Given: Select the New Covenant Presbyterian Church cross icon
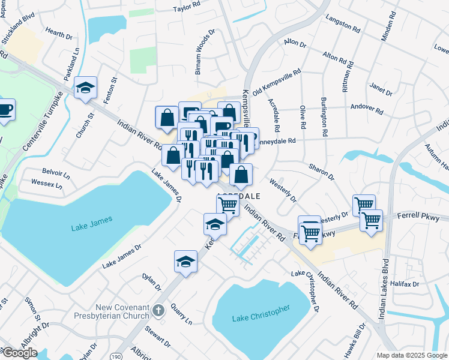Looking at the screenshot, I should point(158,310).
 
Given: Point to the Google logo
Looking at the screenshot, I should point(20,353).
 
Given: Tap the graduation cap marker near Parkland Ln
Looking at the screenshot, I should point(86,88).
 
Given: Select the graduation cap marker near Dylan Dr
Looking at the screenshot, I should point(186,261).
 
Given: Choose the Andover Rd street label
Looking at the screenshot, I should point(367,110).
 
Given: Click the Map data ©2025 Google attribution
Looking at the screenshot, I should point(411,355).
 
